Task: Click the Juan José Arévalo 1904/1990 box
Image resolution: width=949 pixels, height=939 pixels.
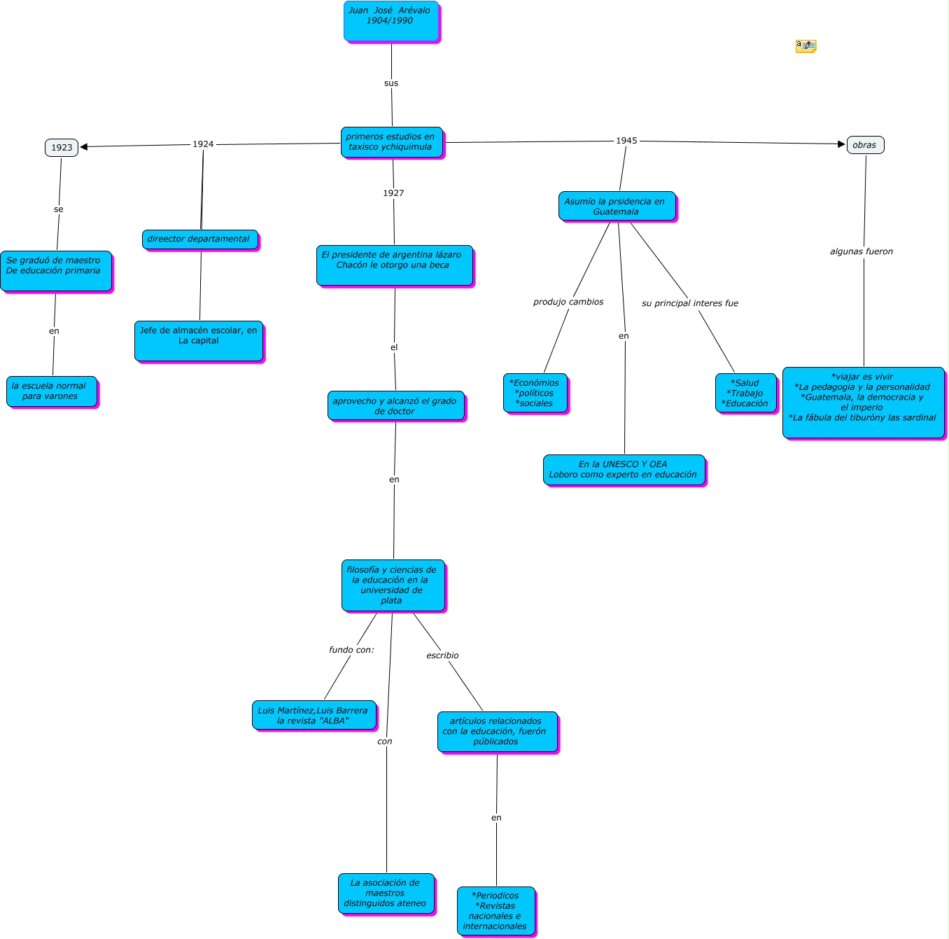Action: [391, 21]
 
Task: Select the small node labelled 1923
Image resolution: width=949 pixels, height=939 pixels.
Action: [62, 147]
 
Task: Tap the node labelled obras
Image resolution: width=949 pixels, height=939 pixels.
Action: [865, 145]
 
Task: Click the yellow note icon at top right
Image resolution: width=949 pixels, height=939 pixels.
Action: [806, 46]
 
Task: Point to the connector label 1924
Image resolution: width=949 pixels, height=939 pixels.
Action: [203, 144]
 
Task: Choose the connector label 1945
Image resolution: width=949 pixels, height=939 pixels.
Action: [626, 141]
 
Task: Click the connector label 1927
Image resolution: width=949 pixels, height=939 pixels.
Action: [393, 193]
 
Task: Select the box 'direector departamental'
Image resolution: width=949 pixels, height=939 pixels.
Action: [199, 239]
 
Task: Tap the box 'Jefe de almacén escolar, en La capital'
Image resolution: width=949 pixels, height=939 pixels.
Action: [199, 341]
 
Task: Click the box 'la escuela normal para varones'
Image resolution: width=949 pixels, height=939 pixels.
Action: [52, 391]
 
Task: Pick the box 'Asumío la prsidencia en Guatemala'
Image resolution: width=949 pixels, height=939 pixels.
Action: [617, 207]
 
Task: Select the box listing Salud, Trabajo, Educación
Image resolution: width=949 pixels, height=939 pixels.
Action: [745, 393]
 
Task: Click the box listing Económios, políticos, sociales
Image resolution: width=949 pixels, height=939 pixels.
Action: [535, 393]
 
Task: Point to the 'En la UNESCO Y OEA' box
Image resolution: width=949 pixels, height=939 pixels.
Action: [624, 470]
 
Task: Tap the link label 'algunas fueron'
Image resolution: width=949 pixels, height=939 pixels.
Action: [862, 251]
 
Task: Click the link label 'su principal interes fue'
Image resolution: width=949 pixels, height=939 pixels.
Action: [690, 303]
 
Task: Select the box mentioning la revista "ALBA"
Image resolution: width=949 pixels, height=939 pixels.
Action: [314, 716]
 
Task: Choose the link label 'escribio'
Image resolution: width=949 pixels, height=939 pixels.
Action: [442, 655]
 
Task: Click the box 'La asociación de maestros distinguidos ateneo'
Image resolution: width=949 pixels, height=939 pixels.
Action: [386, 893]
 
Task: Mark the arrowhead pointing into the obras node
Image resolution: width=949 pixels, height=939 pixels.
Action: [842, 144]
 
